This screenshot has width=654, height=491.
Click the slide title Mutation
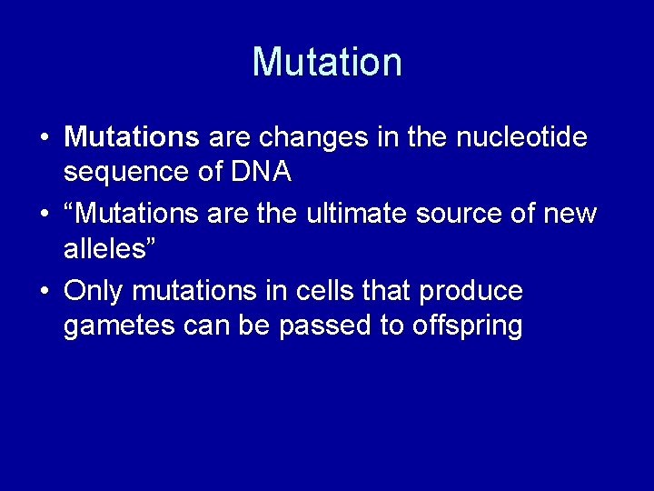pos(327,62)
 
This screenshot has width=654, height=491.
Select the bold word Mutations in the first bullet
pos(132,138)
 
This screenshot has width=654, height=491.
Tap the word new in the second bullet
pos(572,215)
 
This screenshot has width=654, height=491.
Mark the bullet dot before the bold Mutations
pos(45,139)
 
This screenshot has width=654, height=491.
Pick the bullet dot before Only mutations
pos(45,292)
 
